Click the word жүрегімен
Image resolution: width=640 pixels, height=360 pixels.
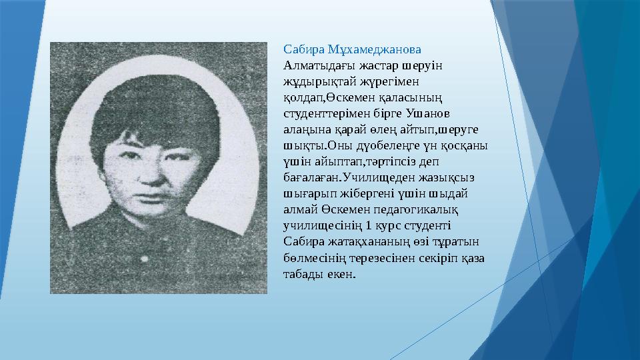coord(387,81)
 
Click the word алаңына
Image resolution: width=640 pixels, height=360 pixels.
coord(305,130)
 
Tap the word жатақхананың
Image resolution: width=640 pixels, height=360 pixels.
coord(359,242)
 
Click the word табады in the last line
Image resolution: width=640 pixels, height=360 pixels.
coord(303,274)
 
